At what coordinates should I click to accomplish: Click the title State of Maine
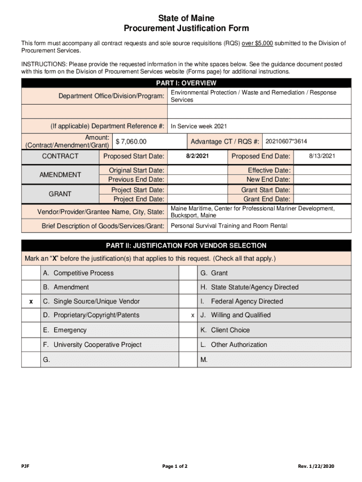tap(186, 18)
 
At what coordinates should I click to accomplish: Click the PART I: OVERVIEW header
tap(186, 83)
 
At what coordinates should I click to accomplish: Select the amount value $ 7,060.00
tap(131, 142)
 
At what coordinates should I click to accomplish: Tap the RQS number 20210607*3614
tap(286, 141)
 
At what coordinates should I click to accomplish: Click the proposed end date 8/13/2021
tap(322, 156)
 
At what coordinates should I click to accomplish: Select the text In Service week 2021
tap(198, 126)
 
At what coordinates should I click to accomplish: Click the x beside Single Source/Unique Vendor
tap(31, 301)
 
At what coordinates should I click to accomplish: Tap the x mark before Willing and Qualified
tap(192, 315)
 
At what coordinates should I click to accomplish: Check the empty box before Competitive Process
tap(31, 273)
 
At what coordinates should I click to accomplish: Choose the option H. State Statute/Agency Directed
tap(249, 287)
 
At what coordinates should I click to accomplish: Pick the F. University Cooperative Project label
tap(92, 345)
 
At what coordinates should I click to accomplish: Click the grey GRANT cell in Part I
tap(60, 194)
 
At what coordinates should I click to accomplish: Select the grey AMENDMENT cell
tap(60, 175)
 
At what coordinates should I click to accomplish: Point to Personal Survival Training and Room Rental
tap(229, 226)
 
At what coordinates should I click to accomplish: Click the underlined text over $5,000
tap(257, 43)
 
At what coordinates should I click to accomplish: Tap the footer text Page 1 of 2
tap(175, 466)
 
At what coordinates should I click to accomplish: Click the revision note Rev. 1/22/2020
tap(316, 466)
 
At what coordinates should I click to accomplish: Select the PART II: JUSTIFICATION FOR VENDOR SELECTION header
tap(186, 246)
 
